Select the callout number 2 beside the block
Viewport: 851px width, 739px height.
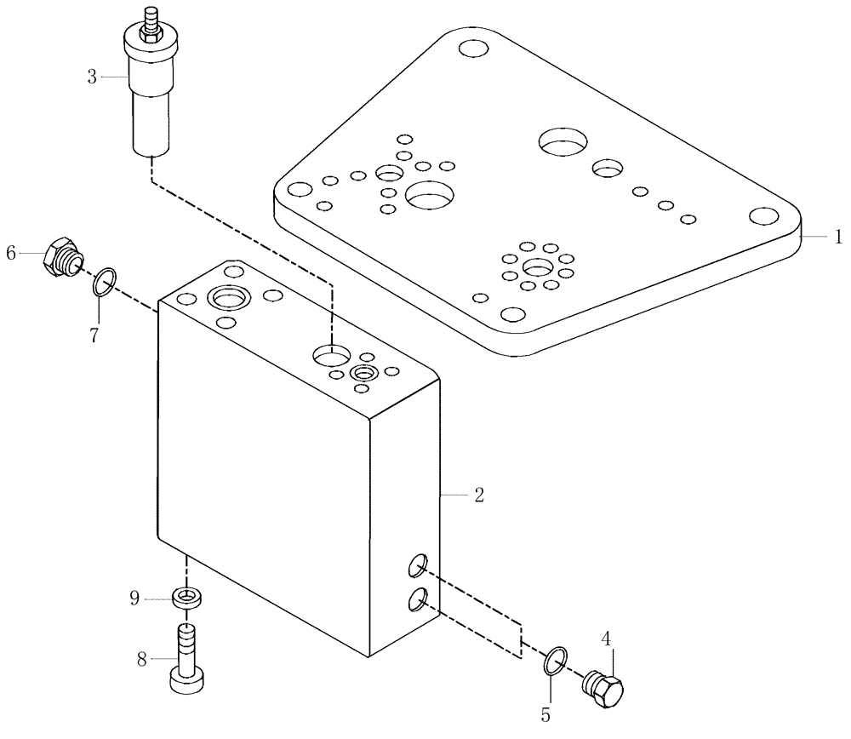[x=478, y=495]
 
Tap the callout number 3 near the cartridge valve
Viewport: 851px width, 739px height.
[x=92, y=77]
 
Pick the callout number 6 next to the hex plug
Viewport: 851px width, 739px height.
[x=11, y=252]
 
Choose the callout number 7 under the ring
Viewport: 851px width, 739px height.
[x=95, y=334]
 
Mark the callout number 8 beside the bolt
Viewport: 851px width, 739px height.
[x=142, y=657]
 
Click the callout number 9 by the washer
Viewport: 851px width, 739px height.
[x=134, y=598]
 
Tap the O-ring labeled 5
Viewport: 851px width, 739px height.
[x=555, y=659]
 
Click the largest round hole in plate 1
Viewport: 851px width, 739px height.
[x=564, y=143]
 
